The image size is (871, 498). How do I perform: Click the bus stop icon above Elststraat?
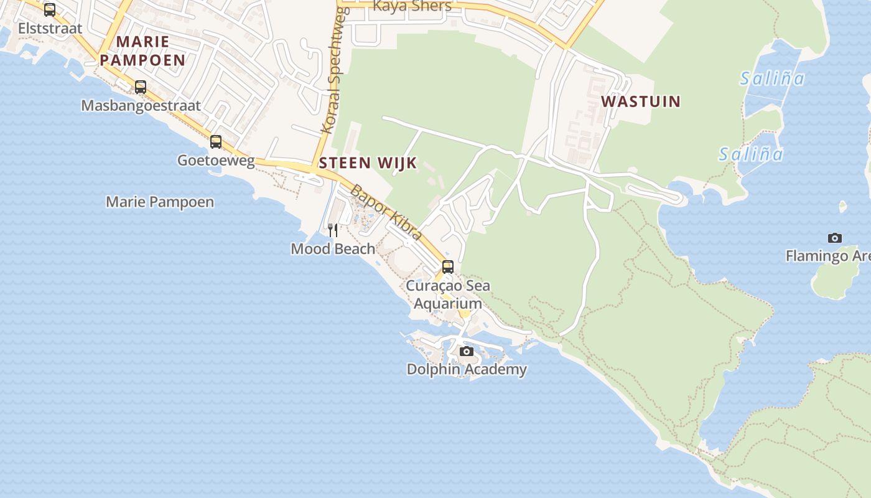click(50, 10)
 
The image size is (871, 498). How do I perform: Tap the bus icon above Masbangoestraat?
click(141, 87)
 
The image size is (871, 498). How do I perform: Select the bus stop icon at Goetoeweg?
click(216, 142)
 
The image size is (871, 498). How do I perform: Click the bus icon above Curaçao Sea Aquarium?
click(448, 267)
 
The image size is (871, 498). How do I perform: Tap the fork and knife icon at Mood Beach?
click(333, 231)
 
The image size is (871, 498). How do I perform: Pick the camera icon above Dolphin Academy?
click(466, 352)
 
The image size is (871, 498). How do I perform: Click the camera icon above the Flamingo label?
click(835, 238)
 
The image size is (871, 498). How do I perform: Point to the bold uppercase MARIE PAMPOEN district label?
click(142, 51)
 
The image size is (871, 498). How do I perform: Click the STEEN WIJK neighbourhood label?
click(368, 163)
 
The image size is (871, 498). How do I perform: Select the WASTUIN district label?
click(641, 101)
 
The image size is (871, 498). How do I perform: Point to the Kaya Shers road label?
click(412, 6)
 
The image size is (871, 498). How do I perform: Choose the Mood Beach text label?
click(333, 249)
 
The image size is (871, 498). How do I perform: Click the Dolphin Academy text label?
click(467, 369)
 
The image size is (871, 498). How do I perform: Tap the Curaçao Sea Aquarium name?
click(448, 294)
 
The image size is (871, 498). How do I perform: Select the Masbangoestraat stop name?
click(141, 105)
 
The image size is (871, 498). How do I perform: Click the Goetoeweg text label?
click(216, 160)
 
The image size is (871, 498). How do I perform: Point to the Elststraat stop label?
click(50, 28)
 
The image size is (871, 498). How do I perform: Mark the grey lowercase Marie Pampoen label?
click(160, 202)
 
